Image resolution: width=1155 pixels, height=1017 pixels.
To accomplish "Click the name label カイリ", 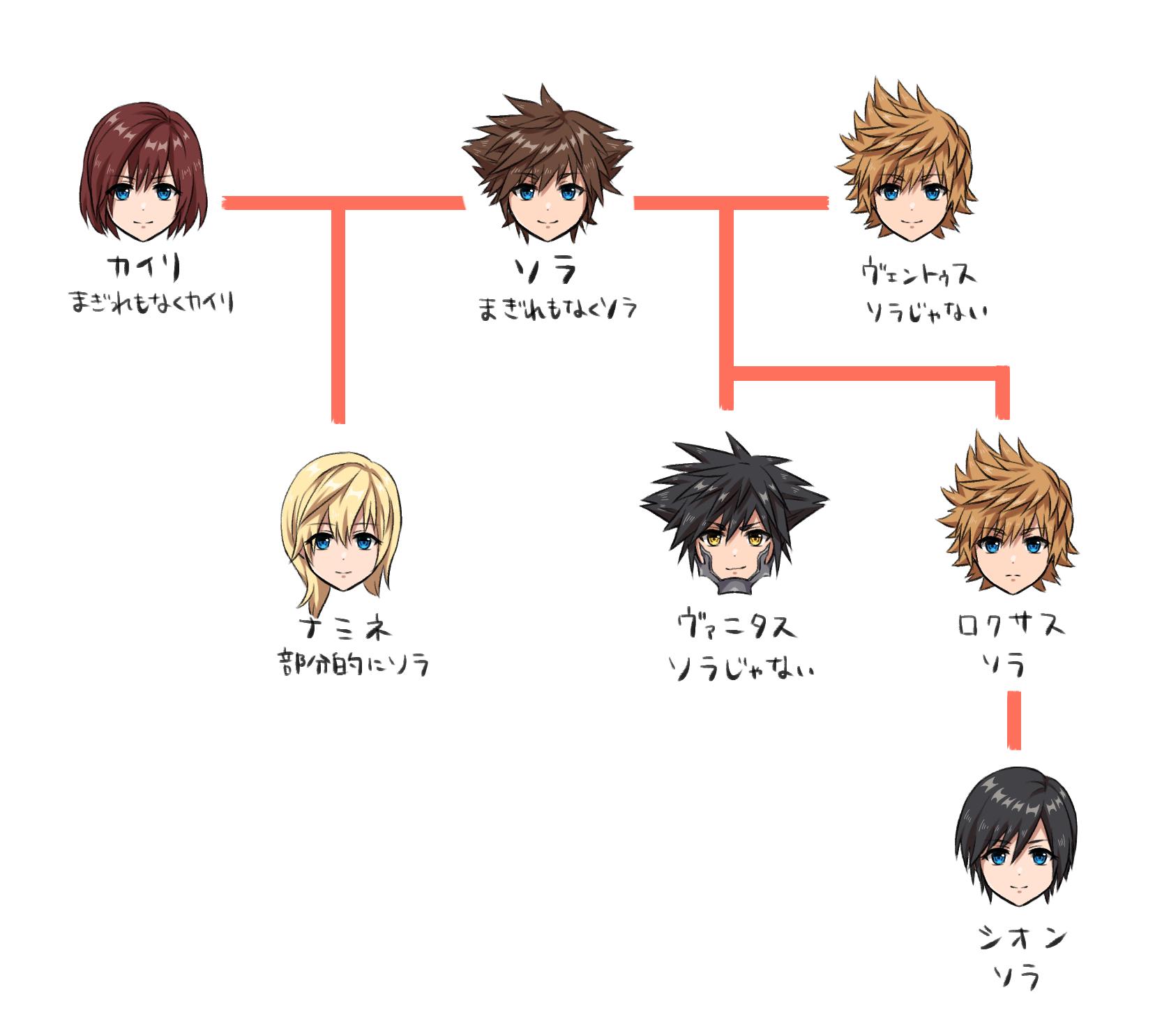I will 144,268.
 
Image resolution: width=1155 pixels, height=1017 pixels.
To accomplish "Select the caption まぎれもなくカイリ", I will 151,303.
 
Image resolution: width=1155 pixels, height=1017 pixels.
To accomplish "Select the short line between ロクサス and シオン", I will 1014,720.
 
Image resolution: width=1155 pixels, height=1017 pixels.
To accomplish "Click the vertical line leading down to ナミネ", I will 338,314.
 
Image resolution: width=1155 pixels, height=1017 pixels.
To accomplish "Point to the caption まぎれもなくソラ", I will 557,309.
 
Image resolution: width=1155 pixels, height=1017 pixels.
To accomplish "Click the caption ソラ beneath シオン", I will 1016,976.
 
